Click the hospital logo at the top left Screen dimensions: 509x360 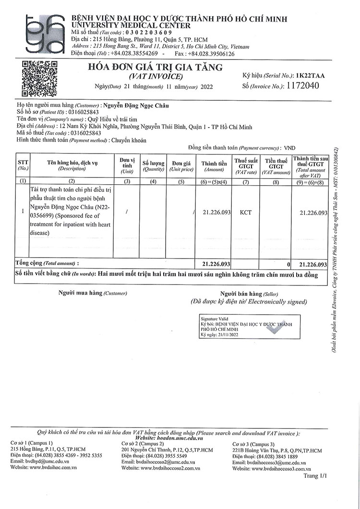click(x=45, y=33)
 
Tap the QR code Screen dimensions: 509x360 click(x=40, y=79)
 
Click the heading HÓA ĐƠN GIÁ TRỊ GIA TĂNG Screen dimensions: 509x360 click(x=155, y=68)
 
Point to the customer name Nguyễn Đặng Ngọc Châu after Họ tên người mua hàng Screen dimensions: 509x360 click(x=136, y=106)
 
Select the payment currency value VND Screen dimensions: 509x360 click(x=290, y=148)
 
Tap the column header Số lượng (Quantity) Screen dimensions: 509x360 click(x=153, y=166)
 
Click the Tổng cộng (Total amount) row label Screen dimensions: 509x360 click(x=48, y=263)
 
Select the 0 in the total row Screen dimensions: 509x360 click(x=288, y=264)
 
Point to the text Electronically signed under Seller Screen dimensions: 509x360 click(x=277, y=302)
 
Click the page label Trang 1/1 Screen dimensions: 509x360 click(x=315, y=475)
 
